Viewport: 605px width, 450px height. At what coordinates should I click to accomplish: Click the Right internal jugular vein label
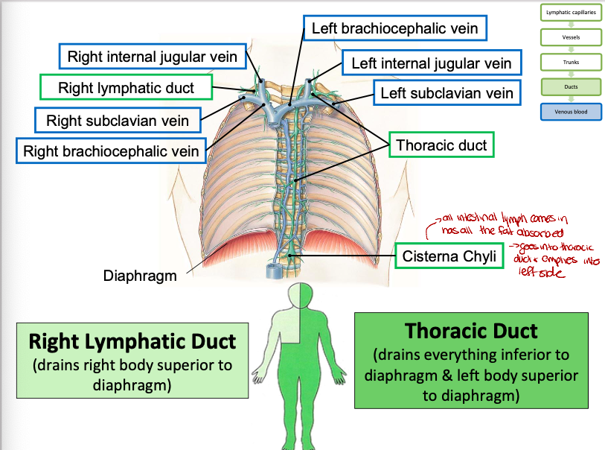(153, 57)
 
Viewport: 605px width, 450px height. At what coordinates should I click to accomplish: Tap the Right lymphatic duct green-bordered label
(127, 88)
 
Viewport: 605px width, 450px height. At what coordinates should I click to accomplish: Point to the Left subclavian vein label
(447, 93)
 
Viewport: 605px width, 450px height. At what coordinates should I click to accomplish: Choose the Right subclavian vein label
(118, 120)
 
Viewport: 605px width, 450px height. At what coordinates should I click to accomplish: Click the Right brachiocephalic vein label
(112, 151)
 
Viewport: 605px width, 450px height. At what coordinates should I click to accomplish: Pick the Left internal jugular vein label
(432, 63)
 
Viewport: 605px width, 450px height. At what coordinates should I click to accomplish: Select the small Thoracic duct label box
(442, 145)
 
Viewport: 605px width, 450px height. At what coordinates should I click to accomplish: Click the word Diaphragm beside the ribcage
(140, 276)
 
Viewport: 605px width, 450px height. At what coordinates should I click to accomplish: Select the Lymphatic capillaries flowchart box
(572, 13)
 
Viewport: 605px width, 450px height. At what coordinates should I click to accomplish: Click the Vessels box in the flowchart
(572, 37)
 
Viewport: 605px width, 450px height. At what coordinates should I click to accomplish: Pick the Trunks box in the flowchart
(572, 62)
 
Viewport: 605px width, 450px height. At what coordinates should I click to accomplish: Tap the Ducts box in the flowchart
(572, 86)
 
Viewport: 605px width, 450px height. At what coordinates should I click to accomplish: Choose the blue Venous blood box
(572, 112)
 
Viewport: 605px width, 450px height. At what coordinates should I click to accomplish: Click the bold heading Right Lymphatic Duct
(132, 342)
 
